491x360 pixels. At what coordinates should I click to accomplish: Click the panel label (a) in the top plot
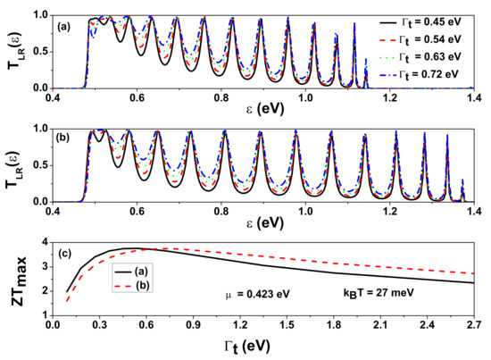click(66, 25)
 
